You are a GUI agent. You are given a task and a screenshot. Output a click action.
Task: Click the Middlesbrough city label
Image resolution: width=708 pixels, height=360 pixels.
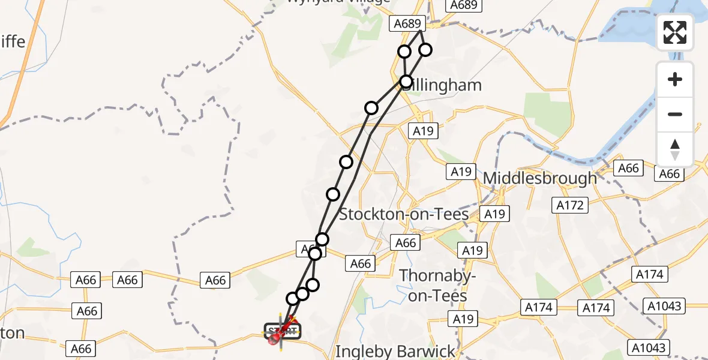point(539,178)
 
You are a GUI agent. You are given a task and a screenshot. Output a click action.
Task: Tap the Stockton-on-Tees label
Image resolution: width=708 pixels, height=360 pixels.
point(404,214)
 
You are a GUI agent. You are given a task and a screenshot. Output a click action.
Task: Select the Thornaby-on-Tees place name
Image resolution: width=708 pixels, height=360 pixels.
point(437,285)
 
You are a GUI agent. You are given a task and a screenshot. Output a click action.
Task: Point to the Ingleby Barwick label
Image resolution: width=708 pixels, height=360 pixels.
point(395,351)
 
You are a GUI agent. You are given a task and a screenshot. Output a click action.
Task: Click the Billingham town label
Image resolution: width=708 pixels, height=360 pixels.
point(444,85)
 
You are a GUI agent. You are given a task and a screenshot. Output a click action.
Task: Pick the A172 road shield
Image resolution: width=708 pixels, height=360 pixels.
point(569,205)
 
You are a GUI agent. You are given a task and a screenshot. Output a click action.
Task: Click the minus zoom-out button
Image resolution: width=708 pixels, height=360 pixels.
point(675,114)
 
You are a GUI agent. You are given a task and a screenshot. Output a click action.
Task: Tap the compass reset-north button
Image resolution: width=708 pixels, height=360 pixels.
point(675,149)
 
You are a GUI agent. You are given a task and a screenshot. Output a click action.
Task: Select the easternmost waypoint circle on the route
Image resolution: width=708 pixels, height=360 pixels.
point(425,50)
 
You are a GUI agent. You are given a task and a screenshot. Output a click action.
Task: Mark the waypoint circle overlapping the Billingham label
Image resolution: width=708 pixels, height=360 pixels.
point(406,81)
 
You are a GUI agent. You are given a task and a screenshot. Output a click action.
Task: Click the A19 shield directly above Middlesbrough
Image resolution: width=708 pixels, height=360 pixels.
point(461,172)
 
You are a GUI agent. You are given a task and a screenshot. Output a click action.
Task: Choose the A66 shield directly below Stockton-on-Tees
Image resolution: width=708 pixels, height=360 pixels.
point(406,242)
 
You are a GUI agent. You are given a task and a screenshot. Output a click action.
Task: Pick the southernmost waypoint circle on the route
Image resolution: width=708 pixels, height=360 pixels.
point(292,298)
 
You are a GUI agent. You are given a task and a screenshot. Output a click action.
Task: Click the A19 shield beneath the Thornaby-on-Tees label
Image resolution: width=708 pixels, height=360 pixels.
point(463,319)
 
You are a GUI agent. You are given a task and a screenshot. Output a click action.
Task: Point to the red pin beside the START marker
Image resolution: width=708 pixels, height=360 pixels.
point(274,340)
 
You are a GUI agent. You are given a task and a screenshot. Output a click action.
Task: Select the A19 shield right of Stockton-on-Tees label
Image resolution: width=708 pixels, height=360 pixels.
point(494,214)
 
